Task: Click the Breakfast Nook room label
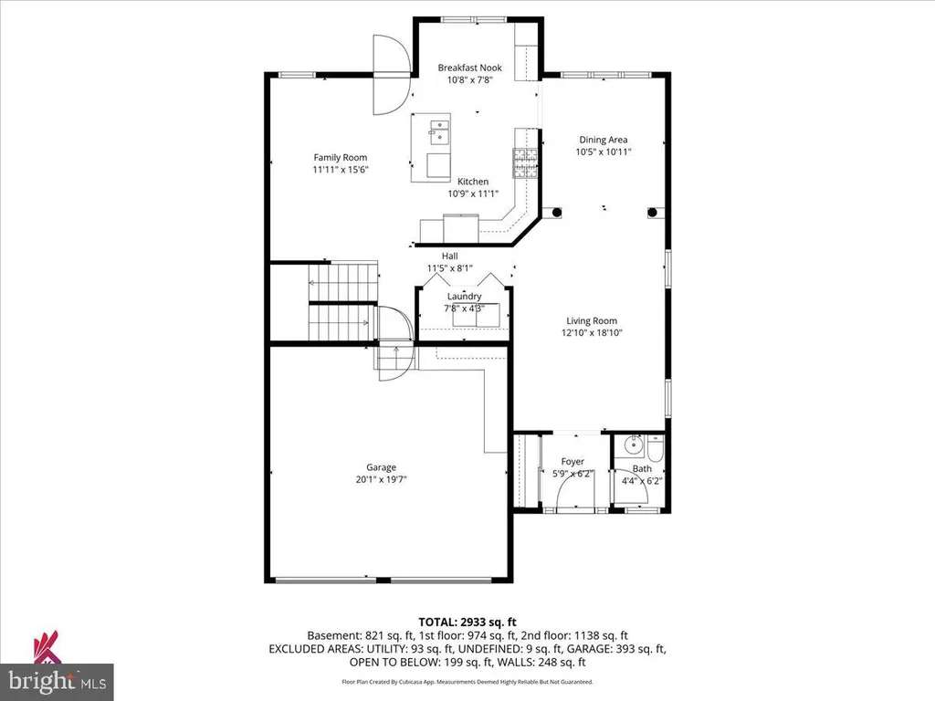point(470,68)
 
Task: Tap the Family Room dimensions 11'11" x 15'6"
point(341,170)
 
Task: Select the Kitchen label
point(473,182)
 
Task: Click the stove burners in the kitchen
point(525,162)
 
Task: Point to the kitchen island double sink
point(439,131)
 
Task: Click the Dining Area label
point(604,140)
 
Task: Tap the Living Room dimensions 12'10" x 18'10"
point(592,333)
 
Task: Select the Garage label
point(381,468)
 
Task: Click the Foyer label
point(573,462)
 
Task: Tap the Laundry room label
point(465,297)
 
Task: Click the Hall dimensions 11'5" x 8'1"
point(449,268)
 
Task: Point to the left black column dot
point(556,212)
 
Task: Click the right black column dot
point(652,212)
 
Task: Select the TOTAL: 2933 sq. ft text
point(467,623)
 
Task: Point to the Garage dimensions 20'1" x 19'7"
point(381,480)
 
